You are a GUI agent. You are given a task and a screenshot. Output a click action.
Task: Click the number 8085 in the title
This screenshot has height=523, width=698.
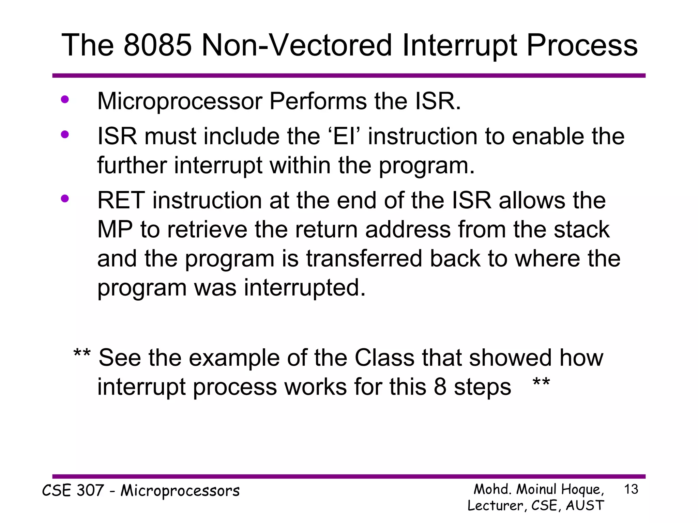point(157,45)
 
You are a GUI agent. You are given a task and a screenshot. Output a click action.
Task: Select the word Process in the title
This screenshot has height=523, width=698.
point(582,45)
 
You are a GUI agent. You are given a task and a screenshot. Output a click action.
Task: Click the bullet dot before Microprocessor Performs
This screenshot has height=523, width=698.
point(65,100)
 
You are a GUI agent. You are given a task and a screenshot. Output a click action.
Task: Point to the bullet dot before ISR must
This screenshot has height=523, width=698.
point(65,135)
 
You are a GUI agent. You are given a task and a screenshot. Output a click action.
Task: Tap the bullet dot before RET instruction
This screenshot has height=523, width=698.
point(65,199)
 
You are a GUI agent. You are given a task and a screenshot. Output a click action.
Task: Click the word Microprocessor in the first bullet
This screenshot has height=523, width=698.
point(180,101)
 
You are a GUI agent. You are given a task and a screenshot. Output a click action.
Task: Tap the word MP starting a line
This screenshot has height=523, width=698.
point(115,229)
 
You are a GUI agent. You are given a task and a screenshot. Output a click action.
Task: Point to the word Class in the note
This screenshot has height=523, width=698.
point(384,358)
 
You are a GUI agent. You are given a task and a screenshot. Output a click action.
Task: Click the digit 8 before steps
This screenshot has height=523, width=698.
point(440,387)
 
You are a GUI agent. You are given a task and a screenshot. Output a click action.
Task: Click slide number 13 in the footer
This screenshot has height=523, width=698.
point(631,489)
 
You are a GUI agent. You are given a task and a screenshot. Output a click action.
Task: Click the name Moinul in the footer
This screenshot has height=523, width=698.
point(537,489)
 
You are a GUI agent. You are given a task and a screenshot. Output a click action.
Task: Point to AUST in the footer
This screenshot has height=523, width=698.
point(585,505)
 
